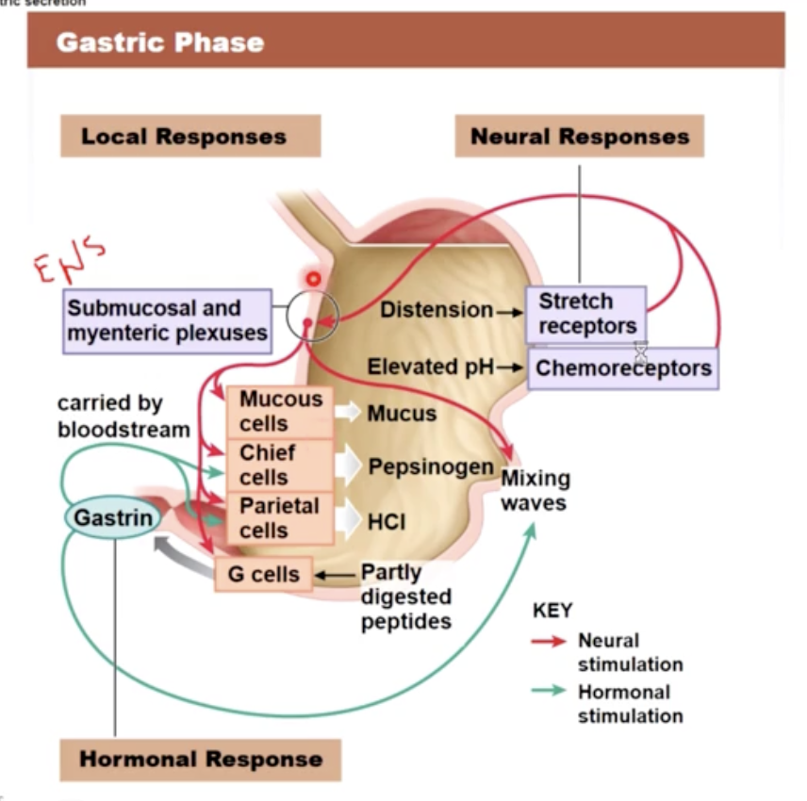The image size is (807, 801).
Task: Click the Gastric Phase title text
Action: click(160, 43)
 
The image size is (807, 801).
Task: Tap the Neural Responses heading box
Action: click(579, 136)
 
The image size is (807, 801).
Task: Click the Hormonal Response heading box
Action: click(200, 760)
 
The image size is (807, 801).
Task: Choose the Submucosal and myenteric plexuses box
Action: click(167, 320)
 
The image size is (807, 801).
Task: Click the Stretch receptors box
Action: click(585, 314)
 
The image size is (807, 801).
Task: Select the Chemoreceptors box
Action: click(623, 368)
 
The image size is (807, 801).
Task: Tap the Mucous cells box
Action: click(279, 412)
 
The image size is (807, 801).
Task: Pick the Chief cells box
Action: click(279, 465)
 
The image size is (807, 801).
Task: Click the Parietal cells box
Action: click(279, 517)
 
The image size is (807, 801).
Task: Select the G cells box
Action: click(263, 574)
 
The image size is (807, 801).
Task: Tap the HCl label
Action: click(387, 520)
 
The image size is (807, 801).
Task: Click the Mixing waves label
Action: click(535, 490)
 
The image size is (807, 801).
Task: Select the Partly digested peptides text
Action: click(405, 597)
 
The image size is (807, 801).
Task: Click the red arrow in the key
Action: click(550, 641)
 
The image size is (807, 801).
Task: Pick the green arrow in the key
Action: click(550, 692)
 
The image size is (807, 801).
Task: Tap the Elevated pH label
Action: click(430, 367)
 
